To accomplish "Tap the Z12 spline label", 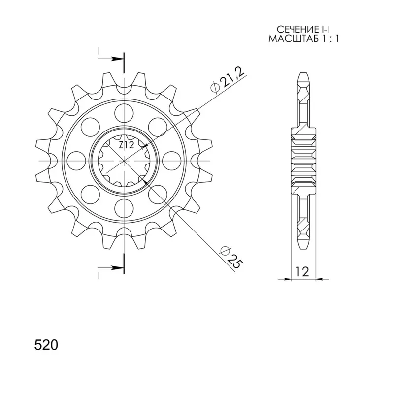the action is click(127, 145).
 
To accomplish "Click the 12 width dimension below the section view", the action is click(302, 272).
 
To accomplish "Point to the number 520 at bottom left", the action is click(46, 345).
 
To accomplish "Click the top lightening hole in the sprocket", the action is click(124, 113).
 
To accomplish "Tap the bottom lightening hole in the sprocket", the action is click(124, 208).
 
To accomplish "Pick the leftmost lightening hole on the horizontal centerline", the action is click(76, 161).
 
